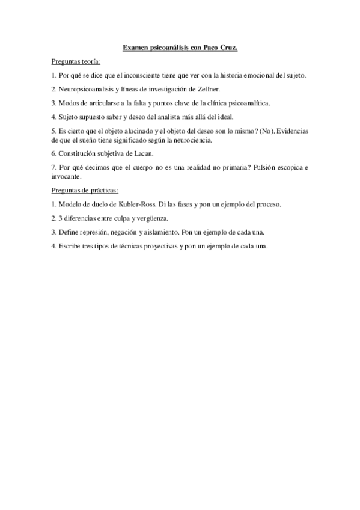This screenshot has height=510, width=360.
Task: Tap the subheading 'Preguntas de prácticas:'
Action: coord(85,190)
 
